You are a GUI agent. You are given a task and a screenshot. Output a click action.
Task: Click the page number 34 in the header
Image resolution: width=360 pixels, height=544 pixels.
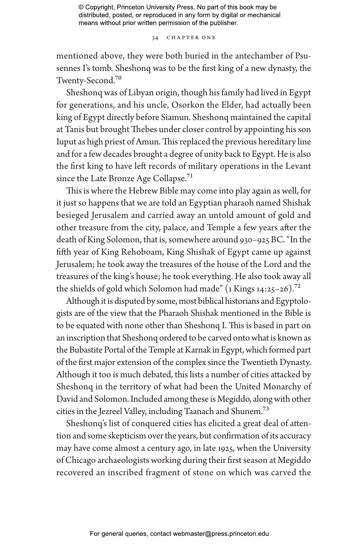coord(155,38)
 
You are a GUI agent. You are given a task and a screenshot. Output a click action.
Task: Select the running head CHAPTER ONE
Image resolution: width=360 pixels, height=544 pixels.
coord(191,38)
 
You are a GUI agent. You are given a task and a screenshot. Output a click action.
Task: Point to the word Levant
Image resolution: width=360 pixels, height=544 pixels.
coord(298,166)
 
